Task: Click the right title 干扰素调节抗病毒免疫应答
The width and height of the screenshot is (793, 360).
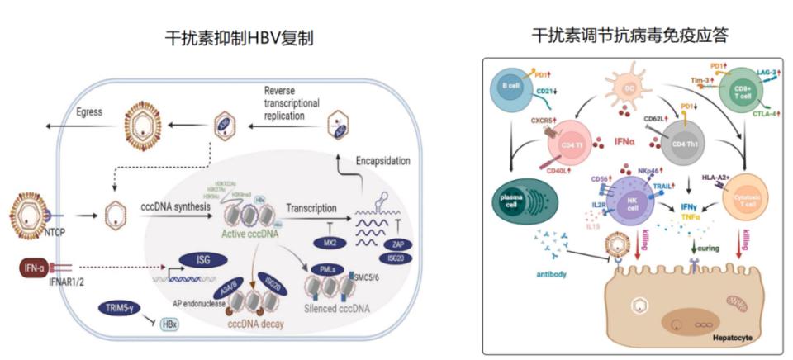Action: click(x=632, y=36)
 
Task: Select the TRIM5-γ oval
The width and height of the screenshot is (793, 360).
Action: click(x=117, y=308)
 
